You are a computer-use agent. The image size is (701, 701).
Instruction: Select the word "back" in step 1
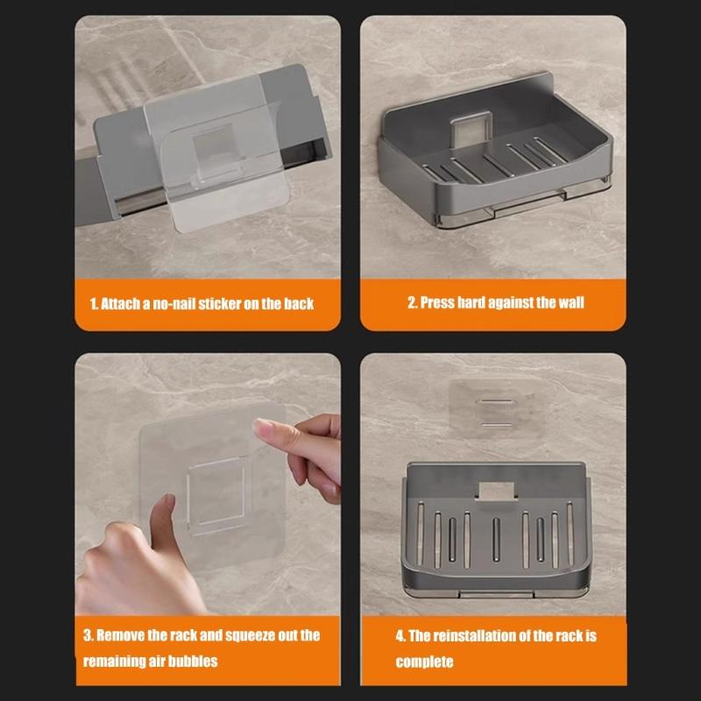[299, 304]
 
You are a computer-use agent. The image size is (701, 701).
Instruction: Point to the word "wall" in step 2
[571, 302]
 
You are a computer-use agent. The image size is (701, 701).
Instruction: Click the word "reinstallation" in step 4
[475, 636]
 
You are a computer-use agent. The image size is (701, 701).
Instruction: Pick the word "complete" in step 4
[424, 662]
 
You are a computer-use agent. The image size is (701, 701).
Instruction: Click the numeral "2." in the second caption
[412, 302]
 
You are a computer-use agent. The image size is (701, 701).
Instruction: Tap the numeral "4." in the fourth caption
[400, 636]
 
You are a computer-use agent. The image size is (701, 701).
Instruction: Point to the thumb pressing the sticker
[162, 522]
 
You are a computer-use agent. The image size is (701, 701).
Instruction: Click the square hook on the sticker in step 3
[216, 495]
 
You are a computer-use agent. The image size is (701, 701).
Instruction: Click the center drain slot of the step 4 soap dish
[496, 539]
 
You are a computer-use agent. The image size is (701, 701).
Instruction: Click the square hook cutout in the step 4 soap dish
[496, 491]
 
